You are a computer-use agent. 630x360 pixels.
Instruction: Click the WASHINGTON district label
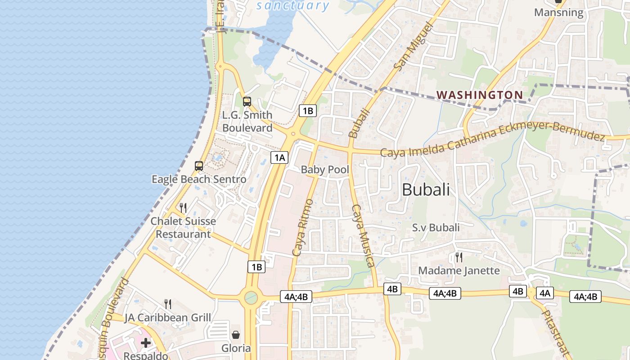pyautogui.click(x=480, y=95)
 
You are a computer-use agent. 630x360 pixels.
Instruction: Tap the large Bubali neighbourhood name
pyautogui.click(x=425, y=189)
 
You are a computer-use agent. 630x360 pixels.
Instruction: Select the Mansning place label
pyautogui.click(x=558, y=13)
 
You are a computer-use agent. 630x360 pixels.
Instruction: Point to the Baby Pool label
pyautogui.click(x=325, y=170)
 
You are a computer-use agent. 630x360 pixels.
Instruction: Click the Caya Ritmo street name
pyautogui.click(x=302, y=227)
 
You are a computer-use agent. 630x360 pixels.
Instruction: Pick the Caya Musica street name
pyautogui.click(x=363, y=235)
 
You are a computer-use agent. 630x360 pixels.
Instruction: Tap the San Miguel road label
pyautogui.click(x=412, y=46)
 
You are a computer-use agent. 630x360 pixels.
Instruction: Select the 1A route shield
pyautogui.click(x=279, y=157)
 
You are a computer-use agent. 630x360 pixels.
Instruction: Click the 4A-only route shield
pyautogui.click(x=544, y=293)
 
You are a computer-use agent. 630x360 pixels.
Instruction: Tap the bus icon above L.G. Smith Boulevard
pyautogui.click(x=247, y=102)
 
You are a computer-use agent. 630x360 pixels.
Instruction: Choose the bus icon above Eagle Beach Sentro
pyautogui.click(x=199, y=166)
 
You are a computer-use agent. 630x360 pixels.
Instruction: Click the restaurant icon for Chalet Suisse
pyautogui.click(x=183, y=207)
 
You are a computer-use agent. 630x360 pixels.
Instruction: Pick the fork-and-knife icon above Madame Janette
pyautogui.click(x=459, y=257)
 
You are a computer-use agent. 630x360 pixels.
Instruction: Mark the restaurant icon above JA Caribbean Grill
pyautogui.click(x=168, y=304)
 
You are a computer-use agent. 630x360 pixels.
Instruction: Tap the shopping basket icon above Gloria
pyautogui.click(x=236, y=335)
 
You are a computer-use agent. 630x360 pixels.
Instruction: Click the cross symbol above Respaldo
pyautogui.click(x=146, y=343)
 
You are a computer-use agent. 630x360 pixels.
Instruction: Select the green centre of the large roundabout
pyautogui.click(x=251, y=297)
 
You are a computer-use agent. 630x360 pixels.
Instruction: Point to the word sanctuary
pyautogui.click(x=293, y=5)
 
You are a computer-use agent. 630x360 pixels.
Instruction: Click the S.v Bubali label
pyautogui.click(x=436, y=228)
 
